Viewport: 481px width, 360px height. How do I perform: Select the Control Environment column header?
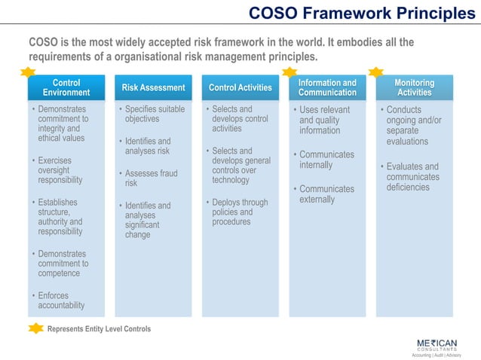(x=66, y=87)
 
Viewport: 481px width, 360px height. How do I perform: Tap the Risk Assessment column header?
(x=153, y=87)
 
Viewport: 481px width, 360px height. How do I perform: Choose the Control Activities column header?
(x=240, y=87)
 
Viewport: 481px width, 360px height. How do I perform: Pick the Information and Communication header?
(x=327, y=87)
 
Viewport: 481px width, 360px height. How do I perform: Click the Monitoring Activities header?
(x=414, y=87)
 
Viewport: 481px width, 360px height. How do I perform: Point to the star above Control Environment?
(x=29, y=72)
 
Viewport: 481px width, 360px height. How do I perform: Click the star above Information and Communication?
(x=290, y=72)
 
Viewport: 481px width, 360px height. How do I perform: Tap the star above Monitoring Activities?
(x=376, y=72)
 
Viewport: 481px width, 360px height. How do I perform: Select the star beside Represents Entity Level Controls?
(x=35, y=328)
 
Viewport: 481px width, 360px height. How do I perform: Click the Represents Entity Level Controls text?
(x=99, y=329)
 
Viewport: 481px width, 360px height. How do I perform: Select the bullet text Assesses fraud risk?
(x=151, y=178)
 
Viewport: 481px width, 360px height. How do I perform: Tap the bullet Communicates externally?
(x=326, y=194)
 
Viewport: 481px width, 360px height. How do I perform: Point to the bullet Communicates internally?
(x=326, y=160)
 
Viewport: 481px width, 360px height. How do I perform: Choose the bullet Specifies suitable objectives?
(x=154, y=114)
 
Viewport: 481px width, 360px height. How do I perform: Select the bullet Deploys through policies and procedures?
(x=239, y=212)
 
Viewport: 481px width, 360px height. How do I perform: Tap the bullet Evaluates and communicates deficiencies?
(x=412, y=177)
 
